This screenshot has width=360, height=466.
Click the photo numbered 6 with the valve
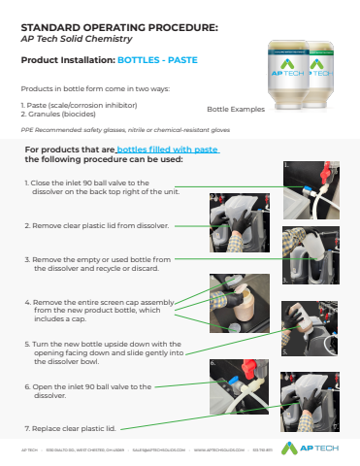pyautogui.click(x=234, y=383)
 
